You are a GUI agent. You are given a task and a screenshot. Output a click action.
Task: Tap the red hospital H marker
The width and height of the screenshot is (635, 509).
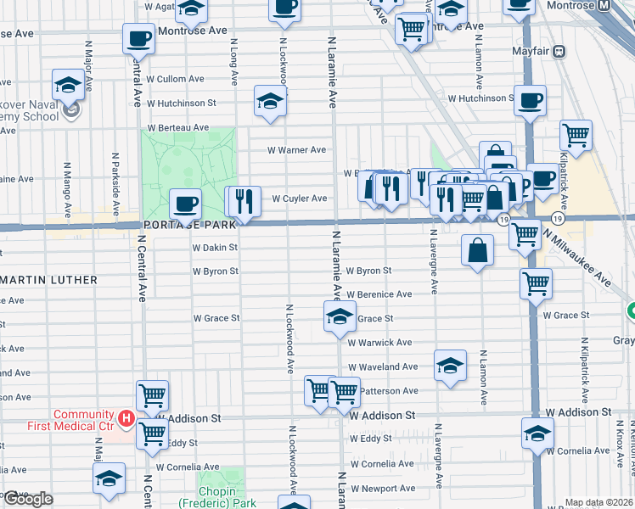pos(126,418)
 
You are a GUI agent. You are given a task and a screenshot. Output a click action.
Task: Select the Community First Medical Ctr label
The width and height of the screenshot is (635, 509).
pos(83,419)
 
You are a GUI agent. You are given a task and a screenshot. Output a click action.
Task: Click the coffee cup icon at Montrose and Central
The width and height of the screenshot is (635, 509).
pos(138,38)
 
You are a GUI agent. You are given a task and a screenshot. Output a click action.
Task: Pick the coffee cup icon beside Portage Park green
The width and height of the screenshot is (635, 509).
pos(185,204)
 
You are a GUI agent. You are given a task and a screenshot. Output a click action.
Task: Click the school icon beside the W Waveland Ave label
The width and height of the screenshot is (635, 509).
pos(450,365)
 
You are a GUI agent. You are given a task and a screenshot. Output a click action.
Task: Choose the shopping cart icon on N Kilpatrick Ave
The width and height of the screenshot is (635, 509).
pos(576,134)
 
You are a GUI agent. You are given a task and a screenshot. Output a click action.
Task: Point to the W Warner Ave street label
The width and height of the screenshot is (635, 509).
pos(296,150)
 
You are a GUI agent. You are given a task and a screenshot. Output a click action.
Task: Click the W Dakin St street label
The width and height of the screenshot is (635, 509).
pos(215,248)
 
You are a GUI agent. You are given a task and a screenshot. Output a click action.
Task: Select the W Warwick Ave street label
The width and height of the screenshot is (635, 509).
pos(379,343)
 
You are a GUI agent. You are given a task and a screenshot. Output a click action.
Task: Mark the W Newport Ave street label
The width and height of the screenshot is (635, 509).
pos(383,489)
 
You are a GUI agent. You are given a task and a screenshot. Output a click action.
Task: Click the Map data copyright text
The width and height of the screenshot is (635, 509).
pos(599,502)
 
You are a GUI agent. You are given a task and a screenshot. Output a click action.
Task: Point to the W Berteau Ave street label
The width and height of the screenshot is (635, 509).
pos(177,127)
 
